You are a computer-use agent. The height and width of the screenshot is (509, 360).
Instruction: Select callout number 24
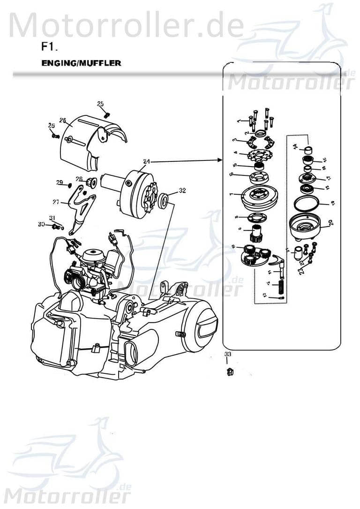click(x=147, y=161)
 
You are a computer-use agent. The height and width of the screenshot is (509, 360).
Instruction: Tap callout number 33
click(x=227, y=353)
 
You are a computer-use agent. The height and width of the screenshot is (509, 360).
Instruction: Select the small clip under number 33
click(x=229, y=372)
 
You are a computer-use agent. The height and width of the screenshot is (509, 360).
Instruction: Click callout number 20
click(x=331, y=222)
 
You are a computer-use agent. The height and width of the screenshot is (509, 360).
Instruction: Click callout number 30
click(x=41, y=225)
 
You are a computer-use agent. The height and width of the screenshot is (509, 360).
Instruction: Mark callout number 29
click(x=60, y=182)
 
